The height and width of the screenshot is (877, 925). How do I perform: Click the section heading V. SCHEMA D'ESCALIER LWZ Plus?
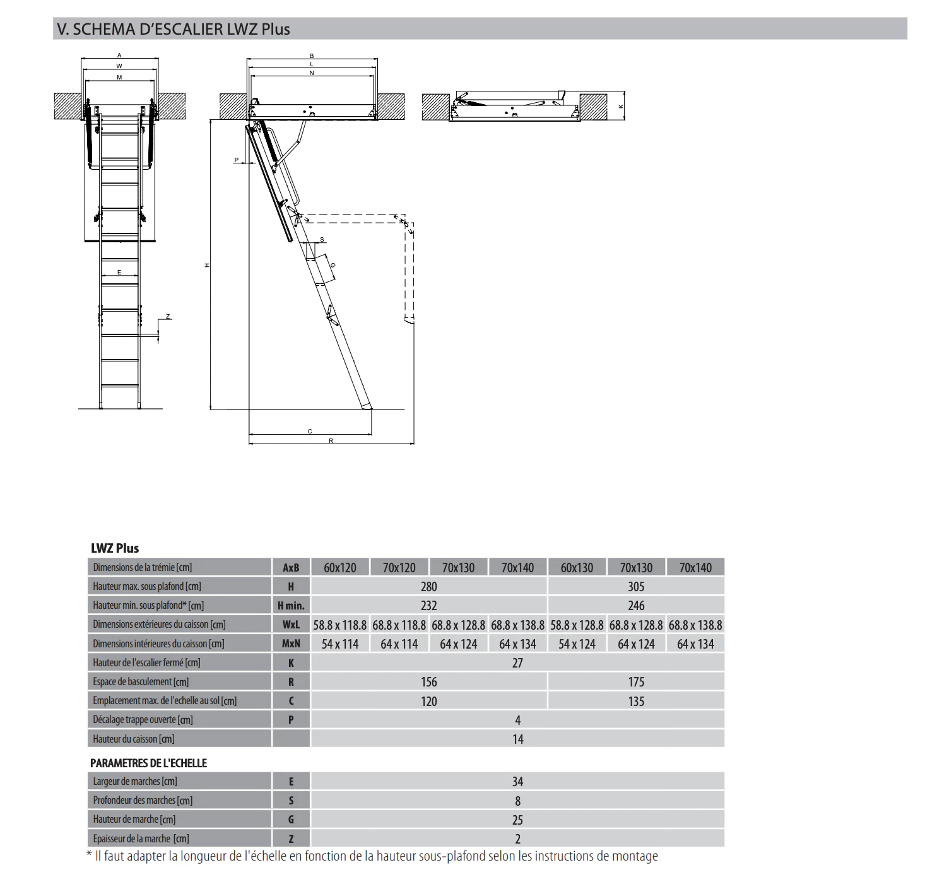(173, 29)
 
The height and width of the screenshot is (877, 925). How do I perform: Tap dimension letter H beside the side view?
(207, 266)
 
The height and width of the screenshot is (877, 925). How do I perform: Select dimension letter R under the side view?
(331, 441)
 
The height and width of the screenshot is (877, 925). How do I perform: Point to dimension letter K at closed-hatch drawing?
(621, 107)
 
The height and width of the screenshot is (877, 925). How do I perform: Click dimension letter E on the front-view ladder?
(119, 273)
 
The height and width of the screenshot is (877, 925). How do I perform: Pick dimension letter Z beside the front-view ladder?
(168, 317)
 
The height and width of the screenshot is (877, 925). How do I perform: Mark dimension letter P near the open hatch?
(237, 160)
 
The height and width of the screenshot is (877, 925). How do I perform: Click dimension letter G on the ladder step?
(333, 265)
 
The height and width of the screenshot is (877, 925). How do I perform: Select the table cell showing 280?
(428, 587)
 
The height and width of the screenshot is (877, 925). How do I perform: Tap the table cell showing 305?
(636, 587)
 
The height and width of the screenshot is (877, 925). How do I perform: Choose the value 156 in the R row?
(428, 682)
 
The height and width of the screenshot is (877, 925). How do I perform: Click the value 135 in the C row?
(636, 702)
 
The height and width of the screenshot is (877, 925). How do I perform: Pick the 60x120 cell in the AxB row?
(340, 568)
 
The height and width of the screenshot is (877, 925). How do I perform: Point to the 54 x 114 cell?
(340, 644)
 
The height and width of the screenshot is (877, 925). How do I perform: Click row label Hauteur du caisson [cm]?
(134, 739)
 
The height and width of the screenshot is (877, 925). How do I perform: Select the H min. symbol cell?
(291, 606)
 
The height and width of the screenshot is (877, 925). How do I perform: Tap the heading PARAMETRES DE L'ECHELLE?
(148, 763)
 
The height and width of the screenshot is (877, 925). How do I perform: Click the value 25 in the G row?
(517, 820)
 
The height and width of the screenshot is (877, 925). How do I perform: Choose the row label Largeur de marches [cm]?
(135, 782)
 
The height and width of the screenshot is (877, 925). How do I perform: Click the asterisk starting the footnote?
(89, 856)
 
